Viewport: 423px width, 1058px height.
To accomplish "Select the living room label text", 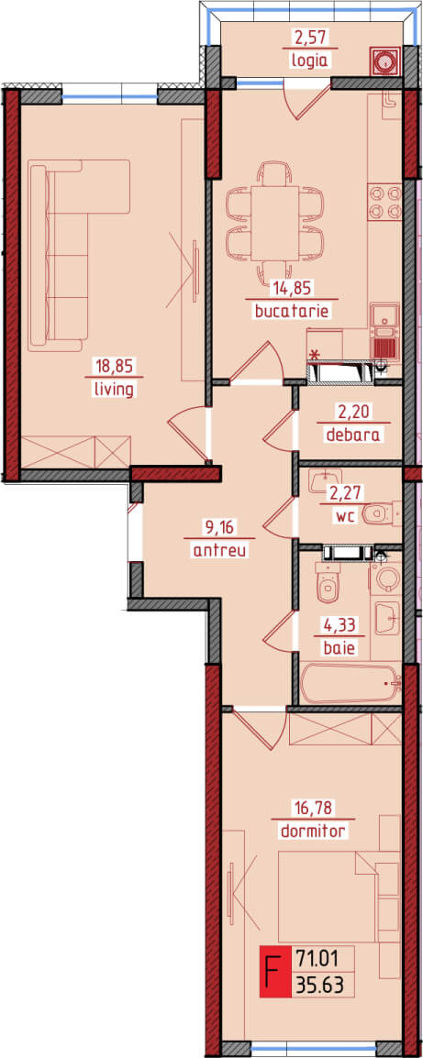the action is [115, 390].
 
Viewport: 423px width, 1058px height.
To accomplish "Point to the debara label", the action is [352, 435].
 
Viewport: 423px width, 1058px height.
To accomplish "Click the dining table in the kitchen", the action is [274, 223].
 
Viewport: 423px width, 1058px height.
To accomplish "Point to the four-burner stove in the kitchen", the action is [385, 203].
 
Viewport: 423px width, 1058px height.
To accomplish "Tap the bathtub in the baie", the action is [351, 685].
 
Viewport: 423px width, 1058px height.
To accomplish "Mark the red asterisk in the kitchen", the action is [314, 354].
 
